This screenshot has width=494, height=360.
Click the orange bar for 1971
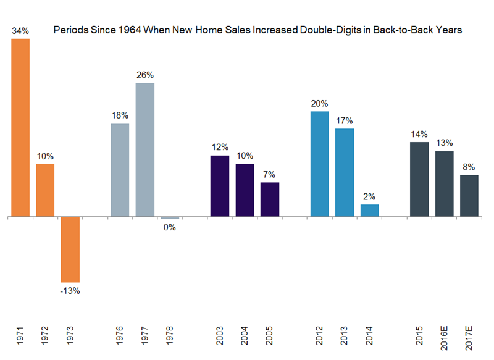pos(20,128)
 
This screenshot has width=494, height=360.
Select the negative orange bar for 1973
pos(70,249)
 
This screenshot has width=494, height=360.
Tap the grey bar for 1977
pos(144,149)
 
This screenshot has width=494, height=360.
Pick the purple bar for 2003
pos(219,186)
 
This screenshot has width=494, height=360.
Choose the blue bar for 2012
pos(319,164)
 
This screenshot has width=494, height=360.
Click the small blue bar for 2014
pos(369,211)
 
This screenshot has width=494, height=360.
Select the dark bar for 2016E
pos(445,184)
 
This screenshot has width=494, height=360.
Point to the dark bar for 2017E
pos(469,196)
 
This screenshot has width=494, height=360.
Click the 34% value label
pos(20,30)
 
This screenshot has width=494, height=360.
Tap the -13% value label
pos(70,291)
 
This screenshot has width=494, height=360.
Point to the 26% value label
pos(144,75)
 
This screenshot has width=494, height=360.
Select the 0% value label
pos(170,227)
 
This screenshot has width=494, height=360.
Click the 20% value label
pos(320,103)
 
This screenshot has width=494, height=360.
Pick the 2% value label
pos(369,196)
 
